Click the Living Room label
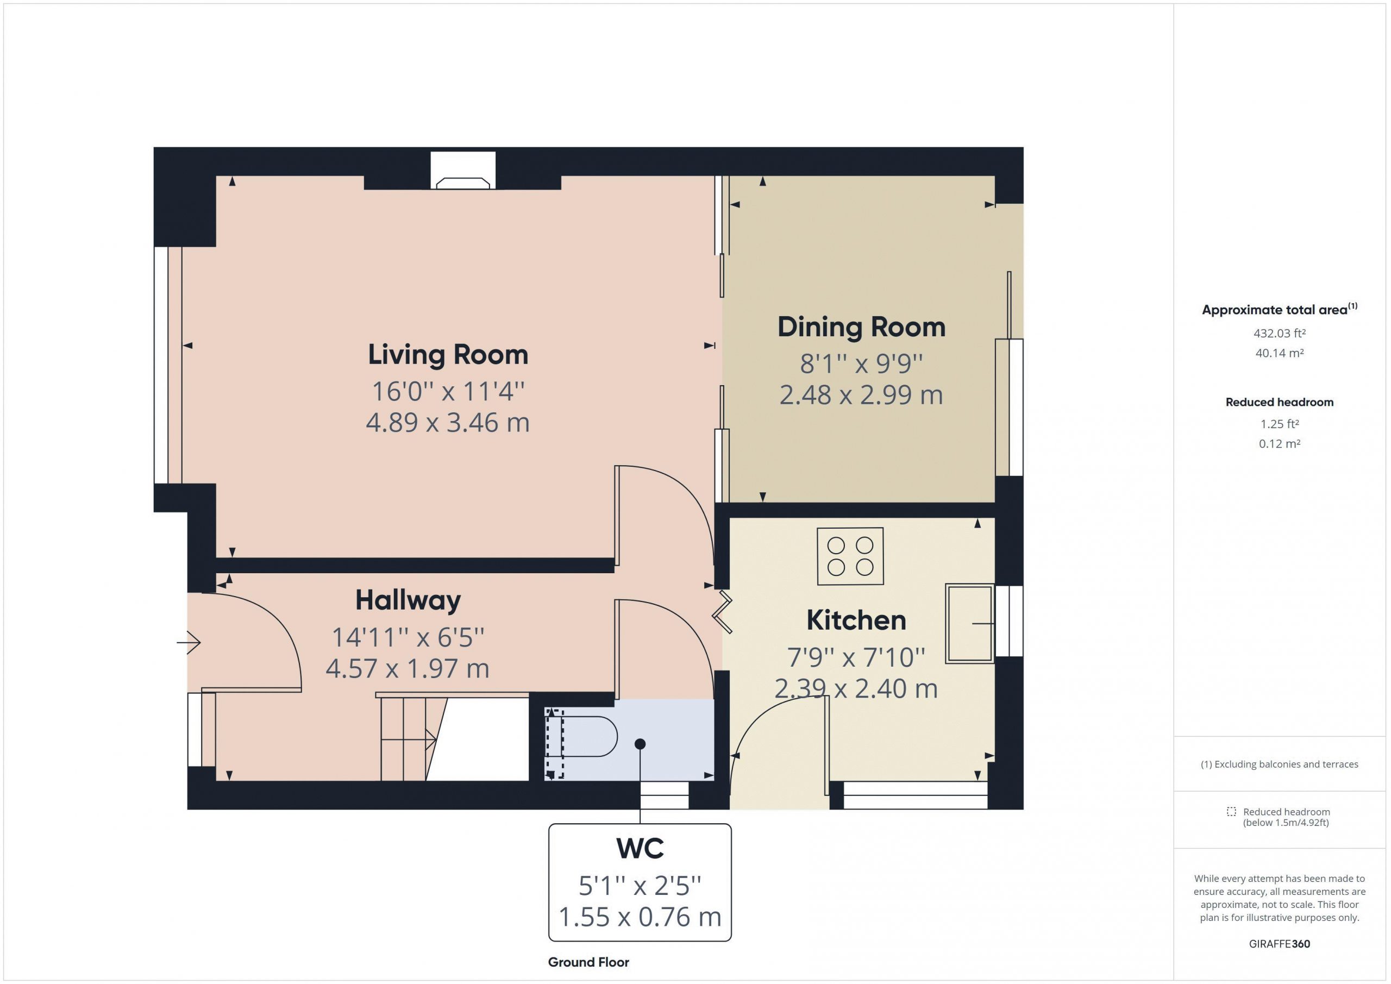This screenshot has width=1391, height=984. (x=448, y=355)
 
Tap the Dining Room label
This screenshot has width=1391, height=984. (x=862, y=328)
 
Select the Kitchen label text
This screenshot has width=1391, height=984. (x=856, y=621)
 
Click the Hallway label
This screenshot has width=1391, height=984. (x=408, y=601)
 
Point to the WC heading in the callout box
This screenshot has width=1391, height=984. (x=640, y=848)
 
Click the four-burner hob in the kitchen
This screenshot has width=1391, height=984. (x=850, y=556)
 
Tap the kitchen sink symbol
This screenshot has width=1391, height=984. (x=970, y=623)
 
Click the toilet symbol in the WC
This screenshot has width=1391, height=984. (x=580, y=737)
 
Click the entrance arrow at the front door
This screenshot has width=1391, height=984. (x=189, y=642)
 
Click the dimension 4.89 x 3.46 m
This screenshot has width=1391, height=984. (x=448, y=423)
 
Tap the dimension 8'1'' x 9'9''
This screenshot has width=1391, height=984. (x=861, y=363)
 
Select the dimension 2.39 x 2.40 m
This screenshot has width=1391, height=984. (x=856, y=689)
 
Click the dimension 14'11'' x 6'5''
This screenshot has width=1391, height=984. (x=408, y=637)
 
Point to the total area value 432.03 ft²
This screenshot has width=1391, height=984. (x=1280, y=333)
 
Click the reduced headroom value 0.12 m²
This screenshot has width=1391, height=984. (x=1280, y=443)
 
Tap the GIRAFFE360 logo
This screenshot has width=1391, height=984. (x=1280, y=944)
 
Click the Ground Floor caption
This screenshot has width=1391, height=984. (x=588, y=962)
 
